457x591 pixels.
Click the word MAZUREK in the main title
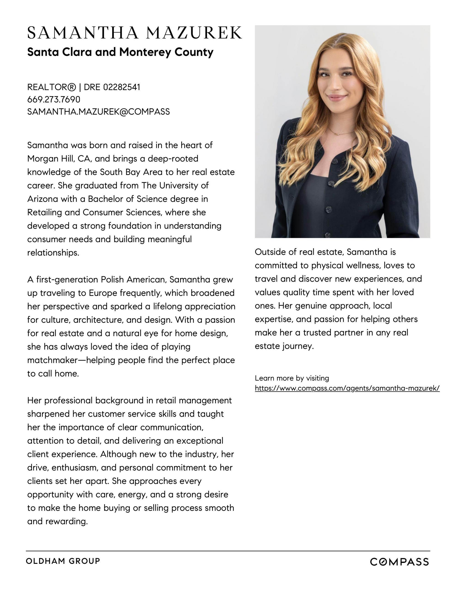(194, 33)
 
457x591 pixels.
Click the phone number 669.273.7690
(54, 99)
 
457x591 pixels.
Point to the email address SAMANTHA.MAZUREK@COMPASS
(98, 111)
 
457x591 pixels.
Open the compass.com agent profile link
(347, 388)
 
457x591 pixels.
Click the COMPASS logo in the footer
(399, 562)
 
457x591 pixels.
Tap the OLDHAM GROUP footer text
(63, 561)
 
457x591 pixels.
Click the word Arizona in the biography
(43, 199)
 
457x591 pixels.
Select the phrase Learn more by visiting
(292, 378)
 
